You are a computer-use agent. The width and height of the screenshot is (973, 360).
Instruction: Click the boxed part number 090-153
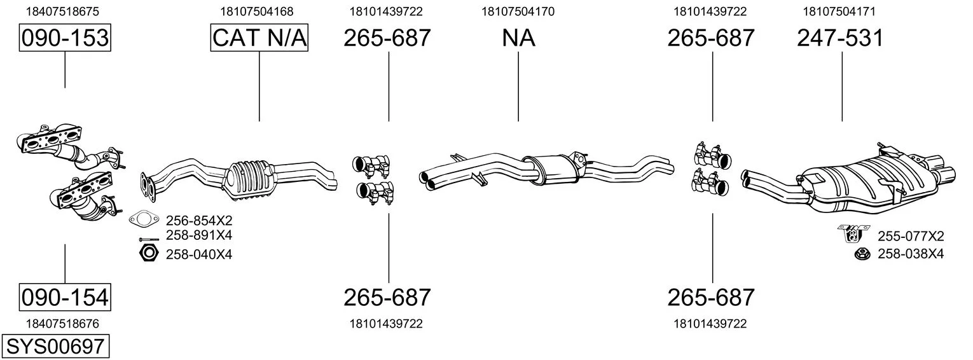[x=65, y=38]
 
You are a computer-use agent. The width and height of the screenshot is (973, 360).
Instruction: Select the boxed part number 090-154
[x=65, y=298]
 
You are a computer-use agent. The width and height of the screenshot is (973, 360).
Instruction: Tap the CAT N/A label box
[x=259, y=38]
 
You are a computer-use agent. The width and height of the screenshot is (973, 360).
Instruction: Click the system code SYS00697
[x=55, y=347]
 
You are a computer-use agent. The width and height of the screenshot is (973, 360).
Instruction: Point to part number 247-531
[x=840, y=38]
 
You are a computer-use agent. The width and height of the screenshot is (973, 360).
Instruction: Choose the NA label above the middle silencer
[x=519, y=38]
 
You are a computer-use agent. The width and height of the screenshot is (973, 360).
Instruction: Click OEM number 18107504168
[x=257, y=11]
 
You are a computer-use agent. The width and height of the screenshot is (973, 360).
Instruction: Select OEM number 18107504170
[x=518, y=11]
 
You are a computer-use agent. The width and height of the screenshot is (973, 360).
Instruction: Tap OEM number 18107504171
[x=839, y=11]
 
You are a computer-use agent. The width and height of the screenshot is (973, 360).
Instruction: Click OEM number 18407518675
[x=62, y=11]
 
